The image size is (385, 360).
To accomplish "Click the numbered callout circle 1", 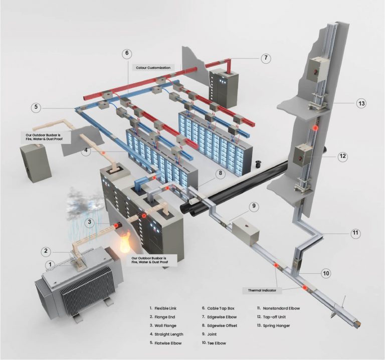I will pyautogui.click(x=49, y=264).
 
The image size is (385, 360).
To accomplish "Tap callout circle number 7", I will pyautogui.click(x=266, y=58).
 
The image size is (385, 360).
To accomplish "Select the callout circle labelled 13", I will pyautogui.click(x=361, y=104).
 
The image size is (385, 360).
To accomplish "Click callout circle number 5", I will pyautogui.click(x=36, y=107).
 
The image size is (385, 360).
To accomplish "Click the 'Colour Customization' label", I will pyautogui.click(x=152, y=67).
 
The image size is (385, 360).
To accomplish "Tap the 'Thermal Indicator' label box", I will pyautogui.click(x=262, y=290).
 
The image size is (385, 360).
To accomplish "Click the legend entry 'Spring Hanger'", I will pyautogui.click(x=276, y=326).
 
